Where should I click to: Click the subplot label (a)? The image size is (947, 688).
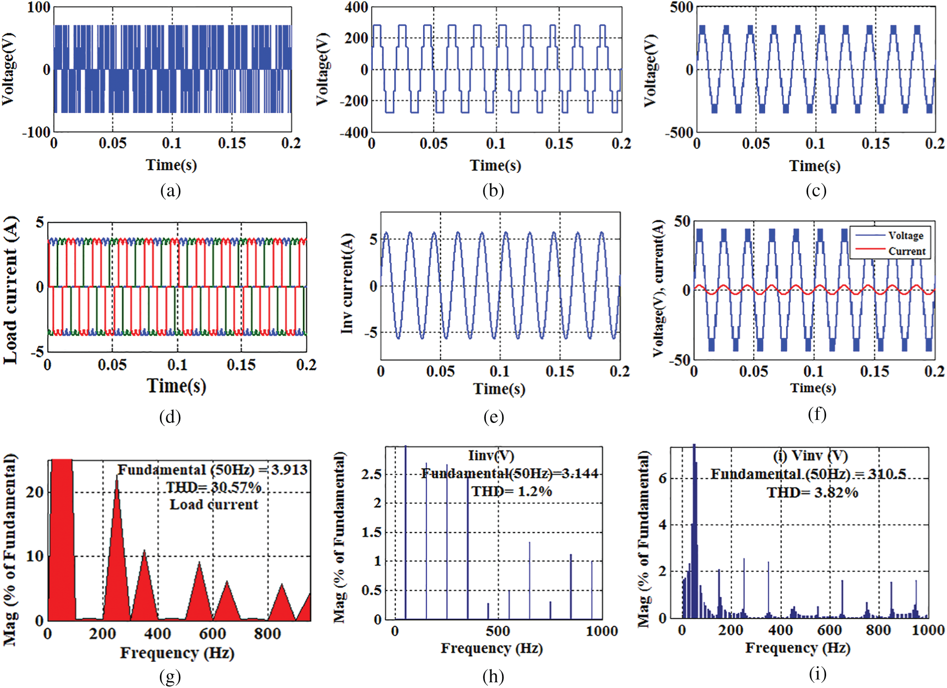(x=170, y=191)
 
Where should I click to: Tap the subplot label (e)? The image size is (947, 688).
(x=493, y=417)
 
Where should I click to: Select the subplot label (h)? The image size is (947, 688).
(x=493, y=676)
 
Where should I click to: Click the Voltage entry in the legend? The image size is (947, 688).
(x=905, y=236)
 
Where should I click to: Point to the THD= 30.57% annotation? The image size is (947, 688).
(x=213, y=487)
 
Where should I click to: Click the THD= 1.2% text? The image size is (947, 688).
(x=511, y=492)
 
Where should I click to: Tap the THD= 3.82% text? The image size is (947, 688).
(x=812, y=493)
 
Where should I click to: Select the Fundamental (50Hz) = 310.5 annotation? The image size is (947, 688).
(x=808, y=474)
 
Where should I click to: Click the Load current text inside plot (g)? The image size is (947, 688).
(x=213, y=504)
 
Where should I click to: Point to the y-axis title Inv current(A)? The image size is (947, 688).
(x=347, y=284)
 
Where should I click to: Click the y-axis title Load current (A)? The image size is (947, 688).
(x=11, y=290)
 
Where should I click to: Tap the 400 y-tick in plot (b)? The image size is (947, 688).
(x=356, y=8)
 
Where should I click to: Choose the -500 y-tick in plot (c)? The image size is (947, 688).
(x=679, y=133)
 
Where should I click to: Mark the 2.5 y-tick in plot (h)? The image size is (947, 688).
(x=371, y=475)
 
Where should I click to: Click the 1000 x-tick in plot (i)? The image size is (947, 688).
(x=928, y=631)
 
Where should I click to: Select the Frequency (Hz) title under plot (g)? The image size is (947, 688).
(x=177, y=653)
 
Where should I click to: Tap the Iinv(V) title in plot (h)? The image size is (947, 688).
(x=491, y=456)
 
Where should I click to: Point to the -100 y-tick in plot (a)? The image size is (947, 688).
(x=37, y=133)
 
